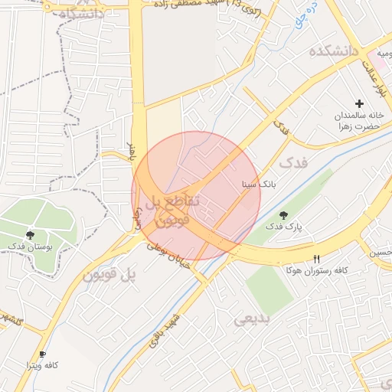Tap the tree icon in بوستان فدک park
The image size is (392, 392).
coord(30,234)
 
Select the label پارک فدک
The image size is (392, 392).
coord(285,227)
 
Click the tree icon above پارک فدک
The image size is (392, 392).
coord(284,215)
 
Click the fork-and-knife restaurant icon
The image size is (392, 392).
coord(317,259)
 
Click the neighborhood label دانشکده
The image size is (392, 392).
coord(334,51)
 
